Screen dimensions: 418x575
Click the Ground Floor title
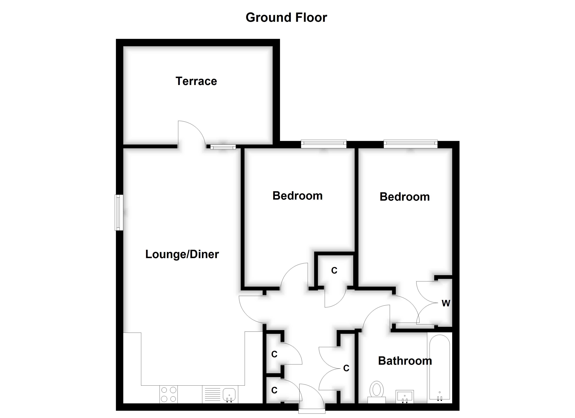click(286, 17)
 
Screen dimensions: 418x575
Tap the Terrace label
click(196, 81)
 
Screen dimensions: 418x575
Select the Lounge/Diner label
click(182, 254)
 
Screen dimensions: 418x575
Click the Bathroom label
click(405, 361)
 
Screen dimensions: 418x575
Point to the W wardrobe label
click(446, 303)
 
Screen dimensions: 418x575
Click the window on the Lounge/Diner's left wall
click(119, 212)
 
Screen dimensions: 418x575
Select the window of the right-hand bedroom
click(411, 144)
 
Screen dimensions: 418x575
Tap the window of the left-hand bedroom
click(324, 144)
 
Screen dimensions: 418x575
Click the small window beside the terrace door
click(223, 147)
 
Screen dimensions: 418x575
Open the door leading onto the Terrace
click(191, 134)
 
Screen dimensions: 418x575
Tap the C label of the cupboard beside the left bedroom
click(334, 271)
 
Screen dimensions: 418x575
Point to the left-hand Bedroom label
click(297, 196)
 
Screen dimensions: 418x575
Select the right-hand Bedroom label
click(405, 197)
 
